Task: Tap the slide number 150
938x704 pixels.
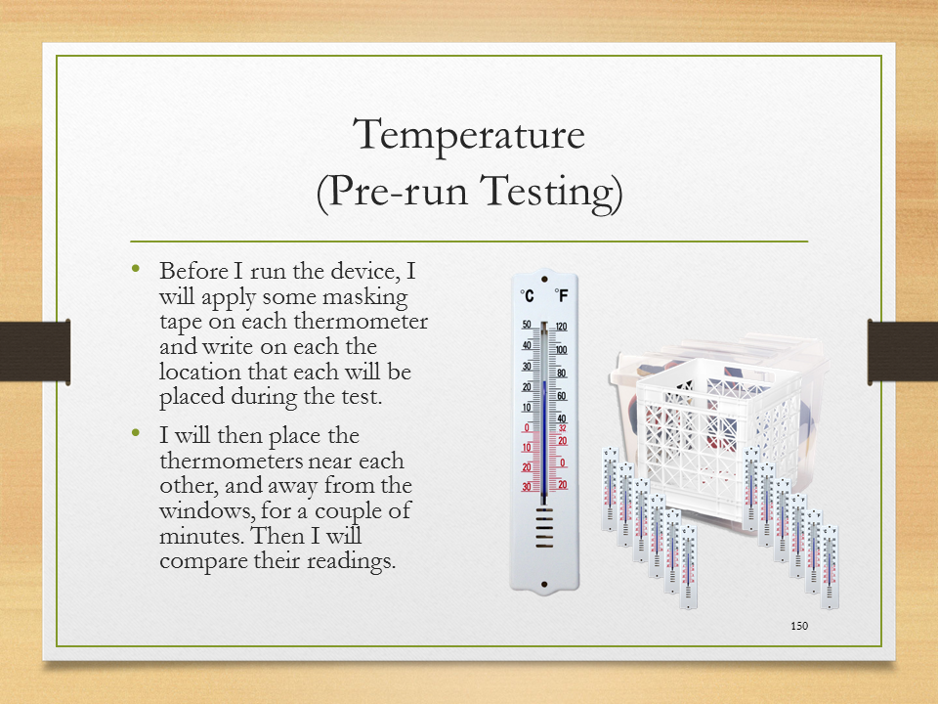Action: (x=799, y=626)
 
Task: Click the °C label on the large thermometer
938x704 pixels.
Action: (x=527, y=295)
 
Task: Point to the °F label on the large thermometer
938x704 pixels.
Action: (x=561, y=295)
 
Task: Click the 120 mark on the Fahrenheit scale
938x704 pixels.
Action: (x=561, y=327)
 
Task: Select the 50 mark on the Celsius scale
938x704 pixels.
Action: (x=527, y=325)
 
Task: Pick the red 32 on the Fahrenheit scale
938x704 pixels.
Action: (x=563, y=428)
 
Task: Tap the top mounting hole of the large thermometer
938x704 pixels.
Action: (x=544, y=279)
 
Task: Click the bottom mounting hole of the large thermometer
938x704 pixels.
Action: (x=544, y=585)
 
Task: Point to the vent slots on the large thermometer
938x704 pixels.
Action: (x=544, y=528)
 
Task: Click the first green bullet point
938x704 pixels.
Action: (x=137, y=269)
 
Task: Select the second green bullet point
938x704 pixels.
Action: (x=137, y=433)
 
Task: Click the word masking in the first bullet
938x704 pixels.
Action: (x=364, y=298)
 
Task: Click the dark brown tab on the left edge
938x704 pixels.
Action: (x=35, y=351)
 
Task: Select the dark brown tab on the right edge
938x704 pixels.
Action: (x=903, y=351)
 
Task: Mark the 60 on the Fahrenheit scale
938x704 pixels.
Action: (x=562, y=396)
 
